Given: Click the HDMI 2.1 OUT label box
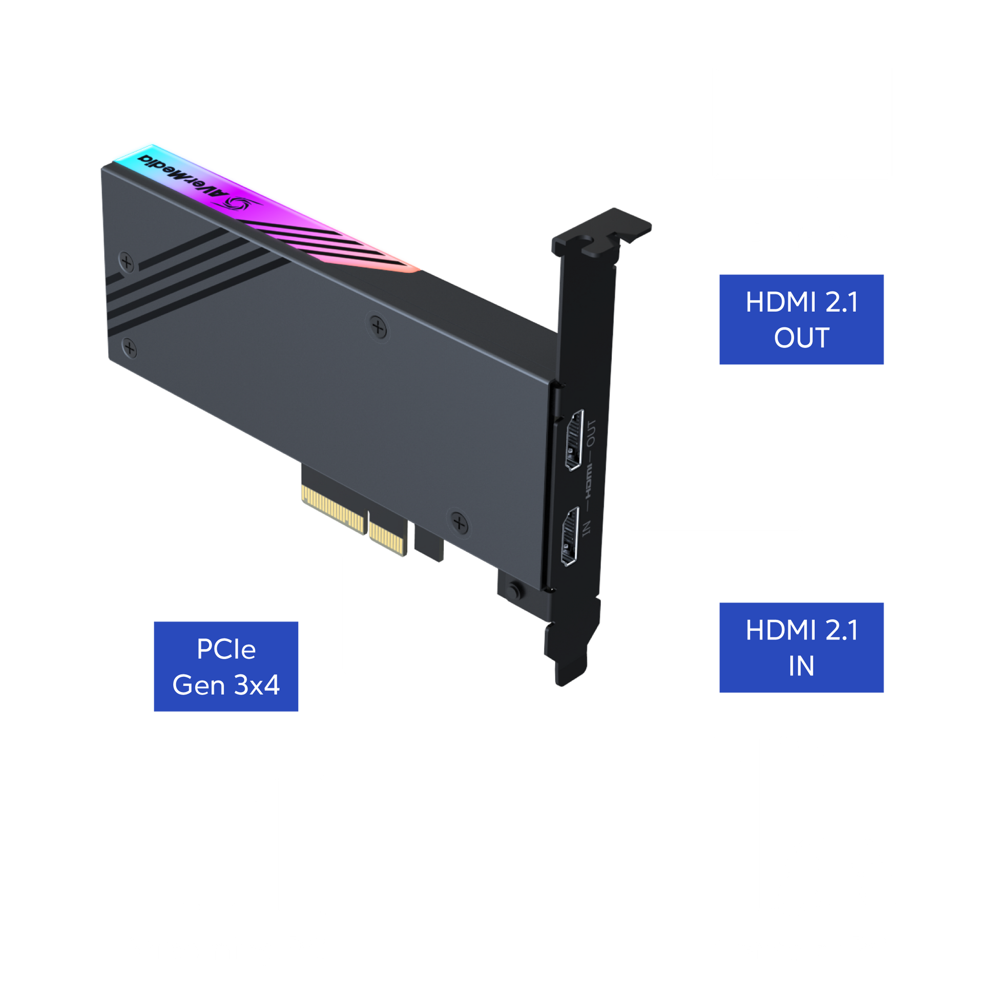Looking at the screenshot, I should [801, 319].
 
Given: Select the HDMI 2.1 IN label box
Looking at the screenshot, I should [801, 648].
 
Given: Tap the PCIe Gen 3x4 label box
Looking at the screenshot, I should [225, 666].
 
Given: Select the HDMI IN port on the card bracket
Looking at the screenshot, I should [571, 537].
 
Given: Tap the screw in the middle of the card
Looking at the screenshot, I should [378, 327].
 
